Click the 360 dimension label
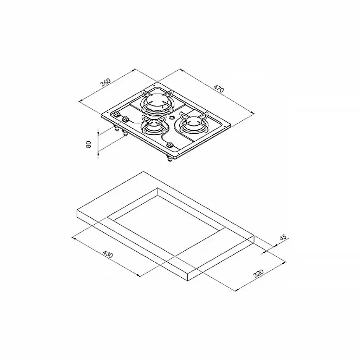pyautogui.click(x=105, y=82)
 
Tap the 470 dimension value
pyautogui.click(x=219, y=89)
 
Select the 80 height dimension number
pyautogui.click(x=89, y=144)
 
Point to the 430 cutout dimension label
pyautogui.click(x=108, y=254)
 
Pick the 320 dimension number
pyautogui.click(x=258, y=273)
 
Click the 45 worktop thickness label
pyautogui.click(x=283, y=237)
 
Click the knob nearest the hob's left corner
pyautogui.click(x=117, y=114)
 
